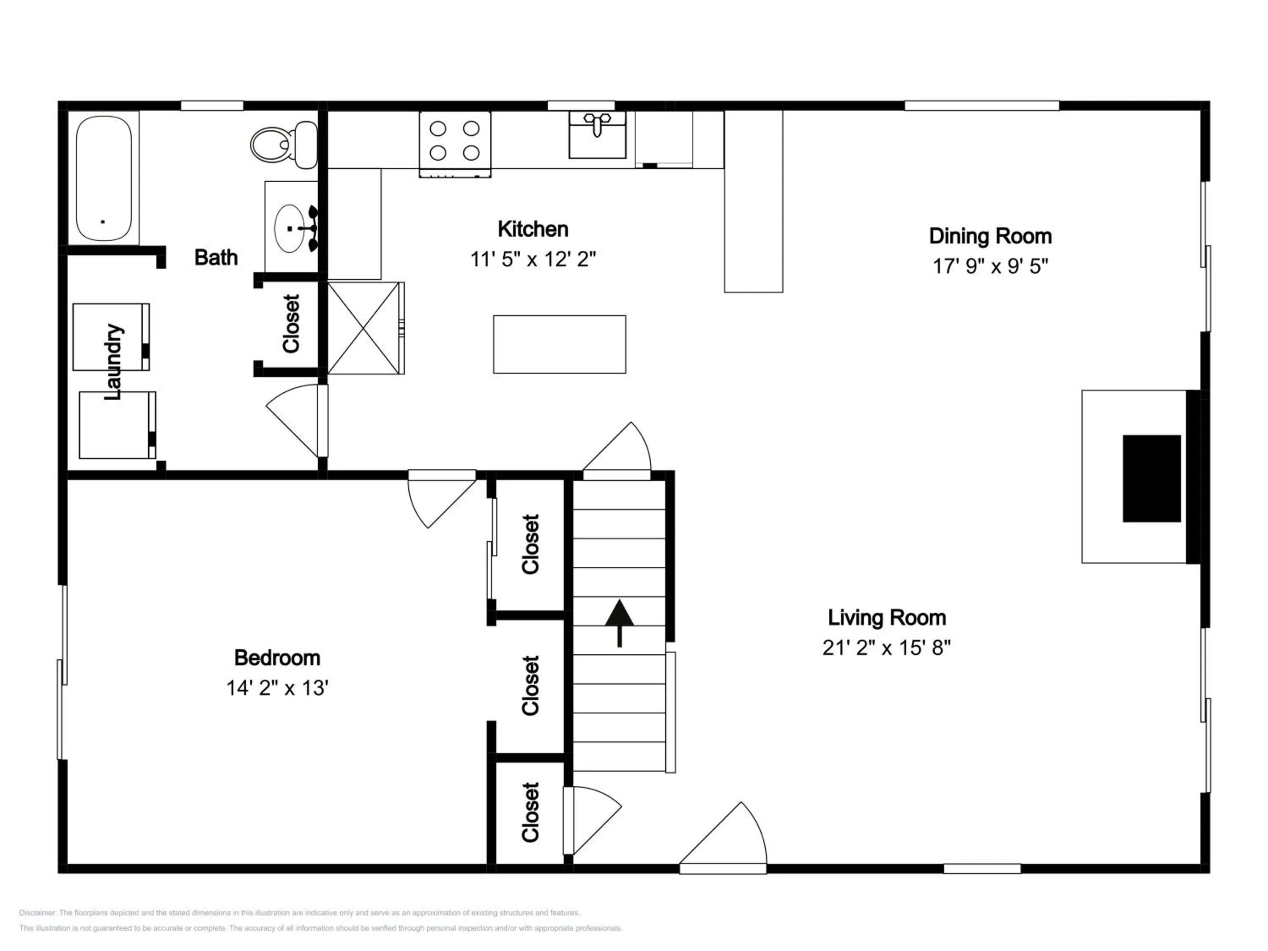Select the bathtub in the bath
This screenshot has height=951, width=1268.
tap(104, 178)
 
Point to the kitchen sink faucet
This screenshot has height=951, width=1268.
tap(597, 123)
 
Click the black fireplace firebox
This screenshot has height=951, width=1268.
tap(1152, 478)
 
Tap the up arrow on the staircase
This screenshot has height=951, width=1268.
tap(620, 623)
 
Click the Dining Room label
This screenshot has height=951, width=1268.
tap(990, 236)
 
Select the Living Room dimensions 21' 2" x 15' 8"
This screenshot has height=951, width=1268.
tap(886, 648)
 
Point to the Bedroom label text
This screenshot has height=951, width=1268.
tap(277, 658)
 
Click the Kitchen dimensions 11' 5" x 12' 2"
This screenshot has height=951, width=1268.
tap(533, 260)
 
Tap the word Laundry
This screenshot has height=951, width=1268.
tap(113, 362)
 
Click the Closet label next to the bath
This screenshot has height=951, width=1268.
tap(291, 323)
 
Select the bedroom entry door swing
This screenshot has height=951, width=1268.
tap(442, 499)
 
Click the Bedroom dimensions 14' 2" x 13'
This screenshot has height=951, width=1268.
tap(277, 688)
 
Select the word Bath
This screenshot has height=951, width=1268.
tap(216, 257)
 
